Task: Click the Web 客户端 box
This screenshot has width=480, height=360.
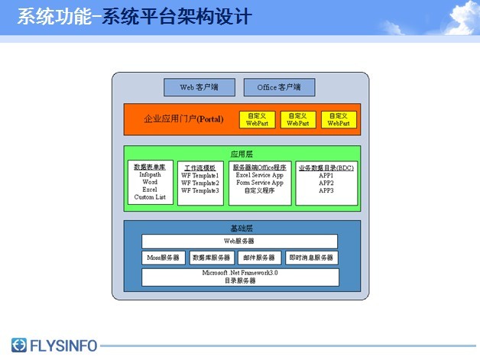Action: pos(199,87)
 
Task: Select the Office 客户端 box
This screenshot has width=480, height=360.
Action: pos(279,87)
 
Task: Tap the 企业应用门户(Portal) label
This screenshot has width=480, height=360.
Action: pos(183,120)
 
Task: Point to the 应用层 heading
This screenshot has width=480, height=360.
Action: pos(242,154)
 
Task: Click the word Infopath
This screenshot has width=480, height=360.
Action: pos(150,175)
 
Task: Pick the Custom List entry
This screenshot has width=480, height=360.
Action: pos(150,197)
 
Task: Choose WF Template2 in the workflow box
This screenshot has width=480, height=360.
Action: pos(200,183)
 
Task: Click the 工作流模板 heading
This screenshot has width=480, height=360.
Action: pos(200,167)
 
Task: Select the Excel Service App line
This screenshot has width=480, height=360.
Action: pos(260,175)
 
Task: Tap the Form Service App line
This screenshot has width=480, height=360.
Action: pos(260,183)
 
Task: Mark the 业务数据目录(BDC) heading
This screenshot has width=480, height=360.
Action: pos(326,167)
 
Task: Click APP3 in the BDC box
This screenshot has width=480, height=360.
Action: pos(326,190)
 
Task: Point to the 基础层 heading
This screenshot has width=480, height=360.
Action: pos(242,229)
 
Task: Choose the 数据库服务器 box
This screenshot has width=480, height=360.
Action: pos(211,258)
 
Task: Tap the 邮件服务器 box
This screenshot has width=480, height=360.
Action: pos(260,258)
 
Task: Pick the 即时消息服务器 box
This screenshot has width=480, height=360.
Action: pos(311,258)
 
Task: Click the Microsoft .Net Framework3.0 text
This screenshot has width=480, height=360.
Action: pos(240,273)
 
